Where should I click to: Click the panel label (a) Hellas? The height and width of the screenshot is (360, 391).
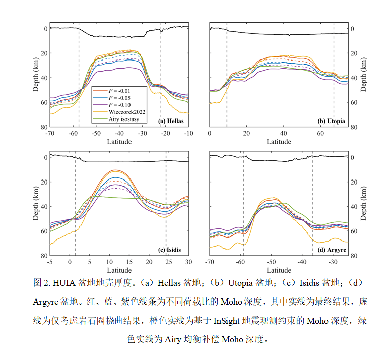point(171,122)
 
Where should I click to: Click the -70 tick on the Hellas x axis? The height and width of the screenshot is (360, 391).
point(50,133)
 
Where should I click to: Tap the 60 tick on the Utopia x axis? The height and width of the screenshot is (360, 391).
point(320,133)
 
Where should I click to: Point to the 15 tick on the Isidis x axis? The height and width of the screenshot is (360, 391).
point(129,262)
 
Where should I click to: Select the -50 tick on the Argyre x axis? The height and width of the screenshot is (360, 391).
point(271,262)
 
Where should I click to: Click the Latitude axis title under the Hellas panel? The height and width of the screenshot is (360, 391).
point(119,142)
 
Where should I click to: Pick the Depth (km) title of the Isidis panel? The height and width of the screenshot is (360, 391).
point(36,207)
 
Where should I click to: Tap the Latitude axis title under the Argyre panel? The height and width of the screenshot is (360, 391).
point(279,271)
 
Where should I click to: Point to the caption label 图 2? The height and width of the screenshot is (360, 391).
point(42,283)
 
